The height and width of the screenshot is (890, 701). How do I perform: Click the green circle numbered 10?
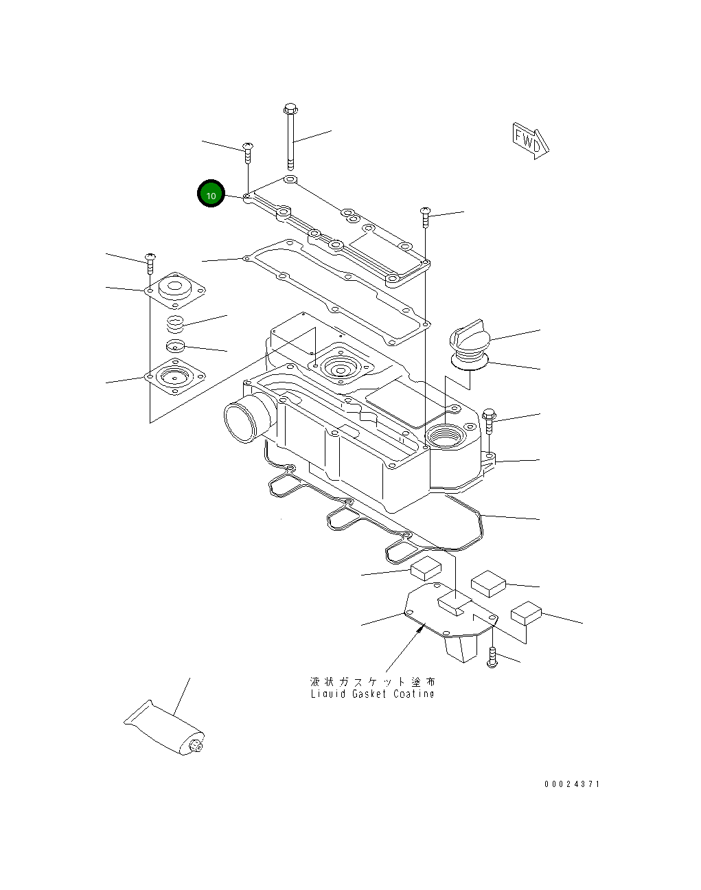coord(211,195)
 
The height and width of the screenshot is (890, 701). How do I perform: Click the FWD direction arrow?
coord(531,141)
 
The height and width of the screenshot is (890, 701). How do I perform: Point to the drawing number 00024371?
coord(572,784)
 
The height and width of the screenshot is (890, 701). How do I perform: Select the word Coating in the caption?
coord(414,694)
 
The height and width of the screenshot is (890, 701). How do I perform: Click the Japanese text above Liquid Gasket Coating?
coord(372,682)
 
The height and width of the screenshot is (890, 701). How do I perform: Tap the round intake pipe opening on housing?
coord(240,420)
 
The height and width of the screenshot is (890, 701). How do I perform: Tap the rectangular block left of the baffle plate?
coord(426,569)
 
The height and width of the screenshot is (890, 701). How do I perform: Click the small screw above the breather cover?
coord(150,260)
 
